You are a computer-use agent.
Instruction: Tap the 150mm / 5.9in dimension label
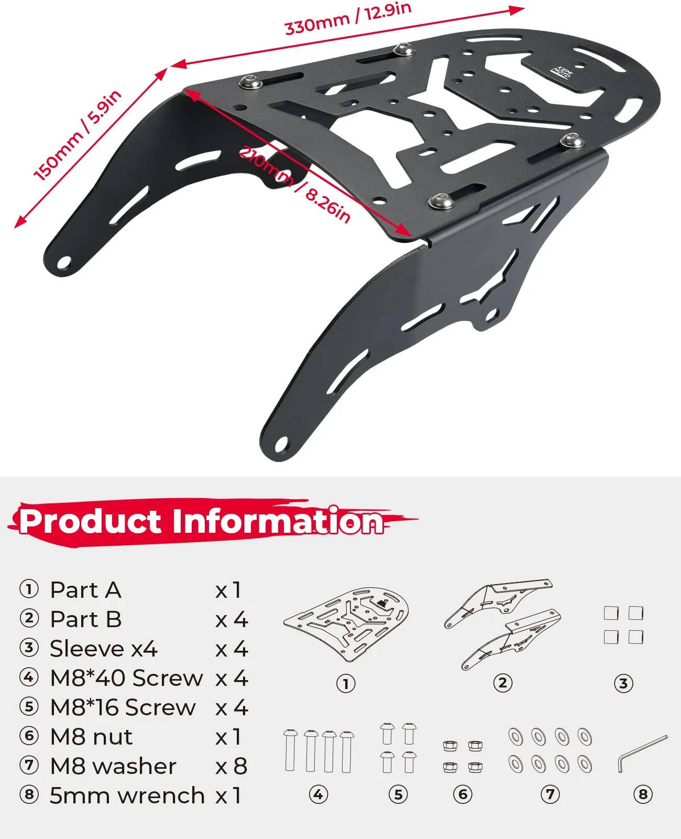(78, 136)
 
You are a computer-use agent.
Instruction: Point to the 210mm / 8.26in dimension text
(294, 184)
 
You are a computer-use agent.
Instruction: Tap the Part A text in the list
(86, 590)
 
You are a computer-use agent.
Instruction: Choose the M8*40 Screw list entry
(126, 678)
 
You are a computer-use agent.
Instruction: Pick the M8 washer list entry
(113, 766)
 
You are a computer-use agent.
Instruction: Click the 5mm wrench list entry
(127, 795)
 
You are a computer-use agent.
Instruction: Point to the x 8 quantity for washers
(232, 766)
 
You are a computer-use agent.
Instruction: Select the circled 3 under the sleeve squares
(623, 683)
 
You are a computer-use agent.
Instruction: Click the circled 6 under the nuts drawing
(463, 794)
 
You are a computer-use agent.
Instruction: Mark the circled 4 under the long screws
(318, 794)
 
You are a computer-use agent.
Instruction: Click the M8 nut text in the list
(91, 737)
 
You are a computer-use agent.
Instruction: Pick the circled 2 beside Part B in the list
(29, 618)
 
